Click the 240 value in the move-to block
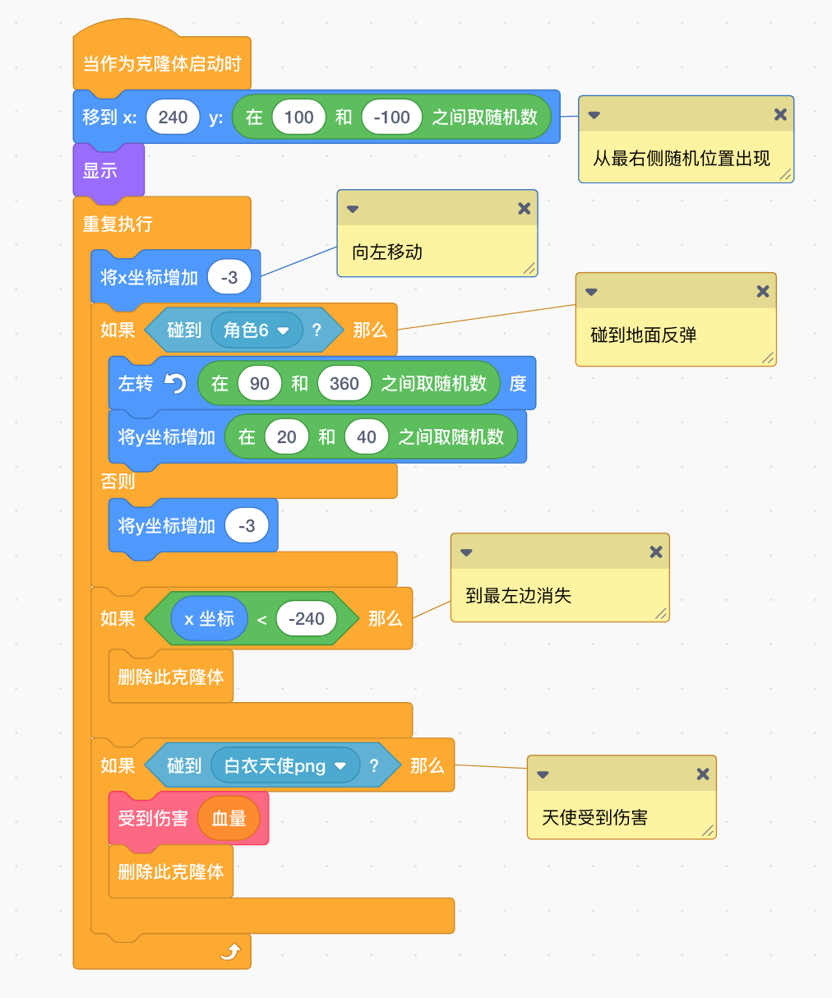173,117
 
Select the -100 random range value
391,117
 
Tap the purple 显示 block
109,171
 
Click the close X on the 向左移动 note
524,208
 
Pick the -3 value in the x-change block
229,277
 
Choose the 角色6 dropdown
257,330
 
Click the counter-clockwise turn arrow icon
175,383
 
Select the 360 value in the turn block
344,383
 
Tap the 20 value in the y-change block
286,437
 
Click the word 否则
118,481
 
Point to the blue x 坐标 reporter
210,618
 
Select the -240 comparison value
307,618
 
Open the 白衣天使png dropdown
285,765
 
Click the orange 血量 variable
229,818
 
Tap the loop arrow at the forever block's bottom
230,952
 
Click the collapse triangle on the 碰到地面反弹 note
591,292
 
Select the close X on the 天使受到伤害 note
703,774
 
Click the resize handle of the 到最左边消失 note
661,614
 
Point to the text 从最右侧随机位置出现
682,158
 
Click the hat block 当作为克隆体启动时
162,63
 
